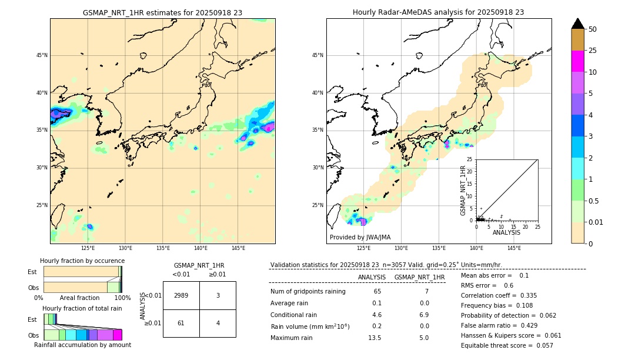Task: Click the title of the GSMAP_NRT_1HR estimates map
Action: pos(162,12)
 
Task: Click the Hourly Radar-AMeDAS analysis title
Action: pos(439,12)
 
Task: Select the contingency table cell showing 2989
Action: pos(181,295)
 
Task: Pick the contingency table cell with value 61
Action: pos(181,323)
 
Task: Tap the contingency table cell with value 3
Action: pos(218,295)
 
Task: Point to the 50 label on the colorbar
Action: pos(593,29)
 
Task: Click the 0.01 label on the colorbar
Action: pos(596,222)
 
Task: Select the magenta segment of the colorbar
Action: pos(577,61)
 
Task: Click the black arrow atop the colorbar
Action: pos(577,24)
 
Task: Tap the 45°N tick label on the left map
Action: pos(41,55)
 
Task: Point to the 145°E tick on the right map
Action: pos(514,248)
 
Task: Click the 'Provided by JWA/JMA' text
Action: pos(360,237)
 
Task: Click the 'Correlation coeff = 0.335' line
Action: pos(499,295)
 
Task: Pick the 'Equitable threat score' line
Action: pos(507,345)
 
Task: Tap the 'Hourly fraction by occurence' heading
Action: pos(82,261)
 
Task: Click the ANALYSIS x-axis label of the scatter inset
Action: pos(506,232)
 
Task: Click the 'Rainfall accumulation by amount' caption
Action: pos(82,345)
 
